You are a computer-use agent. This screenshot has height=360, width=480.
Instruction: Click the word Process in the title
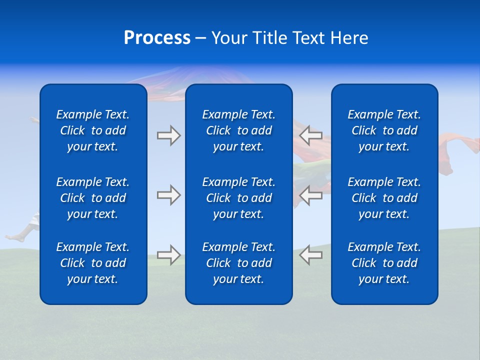click(157, 38)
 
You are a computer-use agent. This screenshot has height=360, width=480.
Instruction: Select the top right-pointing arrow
click(168, 135)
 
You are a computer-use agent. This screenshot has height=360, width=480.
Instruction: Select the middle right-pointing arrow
click(168, 195)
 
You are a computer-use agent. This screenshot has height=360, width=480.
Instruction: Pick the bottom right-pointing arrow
click(168, 255)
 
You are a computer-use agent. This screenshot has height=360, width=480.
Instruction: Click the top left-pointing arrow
click(311, 135)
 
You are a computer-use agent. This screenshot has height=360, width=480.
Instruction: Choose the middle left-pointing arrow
click(311, 195)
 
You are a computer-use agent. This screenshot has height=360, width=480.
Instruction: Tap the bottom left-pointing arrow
click(311, 255)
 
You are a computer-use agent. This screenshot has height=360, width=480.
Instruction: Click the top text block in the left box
click(93, 130)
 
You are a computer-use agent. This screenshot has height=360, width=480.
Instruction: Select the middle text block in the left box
click(93, 198)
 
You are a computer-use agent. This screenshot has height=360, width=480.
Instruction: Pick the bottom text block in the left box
click(93, 263)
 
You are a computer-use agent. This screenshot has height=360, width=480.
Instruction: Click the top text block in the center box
click(239, 130)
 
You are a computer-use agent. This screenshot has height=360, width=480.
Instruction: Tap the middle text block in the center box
click(239, 198)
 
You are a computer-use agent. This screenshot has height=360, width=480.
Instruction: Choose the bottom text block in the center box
click(239, 263)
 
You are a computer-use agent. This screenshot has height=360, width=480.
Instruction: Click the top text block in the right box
click(384, 130)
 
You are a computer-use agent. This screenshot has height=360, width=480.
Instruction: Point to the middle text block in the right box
click(384, 198)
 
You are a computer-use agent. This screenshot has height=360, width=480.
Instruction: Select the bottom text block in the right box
click(384, 263)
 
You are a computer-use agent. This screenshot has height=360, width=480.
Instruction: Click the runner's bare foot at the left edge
click(12, 237)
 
